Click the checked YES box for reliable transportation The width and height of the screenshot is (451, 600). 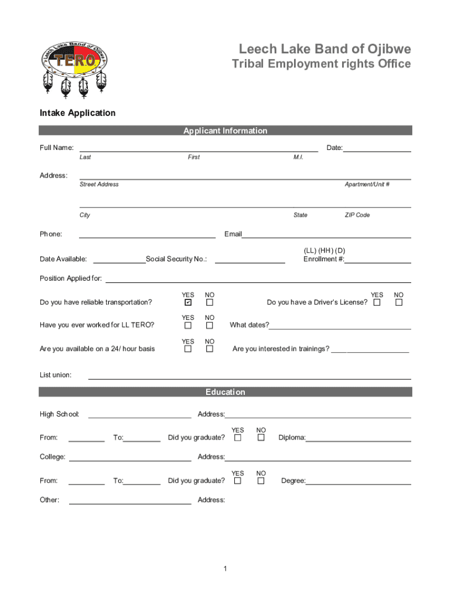coord(188,302)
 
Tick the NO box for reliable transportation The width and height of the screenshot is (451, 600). coord(210,302)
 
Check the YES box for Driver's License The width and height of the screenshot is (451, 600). coord(377,302)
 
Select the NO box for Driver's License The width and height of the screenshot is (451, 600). coord(399,302)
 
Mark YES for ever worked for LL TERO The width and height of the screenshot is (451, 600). coord(188,325)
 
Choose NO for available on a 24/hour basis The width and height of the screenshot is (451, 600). coord(210,349)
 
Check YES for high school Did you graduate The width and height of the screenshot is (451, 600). coord(238,438)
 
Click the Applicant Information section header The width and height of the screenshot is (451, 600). coord(225,131)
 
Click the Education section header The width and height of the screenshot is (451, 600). coord(225,392)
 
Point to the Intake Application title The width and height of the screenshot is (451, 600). coord(77,112)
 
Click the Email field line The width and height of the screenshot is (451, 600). coord(326,235)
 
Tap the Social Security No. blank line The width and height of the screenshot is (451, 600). coord(250,260)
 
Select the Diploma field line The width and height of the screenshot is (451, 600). coord(358,439)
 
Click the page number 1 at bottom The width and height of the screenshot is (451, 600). coord(225,568)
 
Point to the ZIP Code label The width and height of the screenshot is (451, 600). coord(357,215)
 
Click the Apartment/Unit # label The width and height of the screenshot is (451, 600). coord(367,184)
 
